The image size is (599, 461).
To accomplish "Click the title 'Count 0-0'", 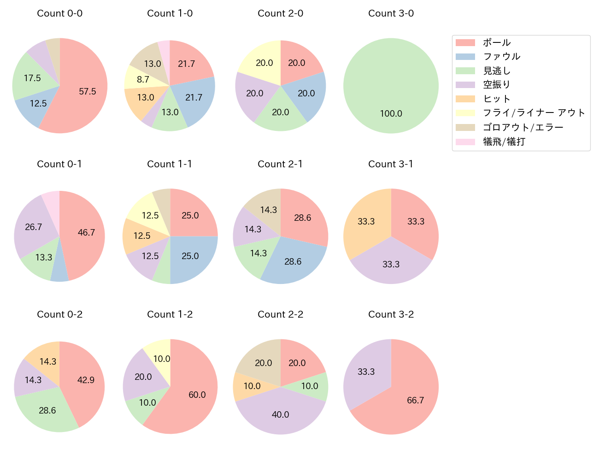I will pyautogui.click(x=60, y=13).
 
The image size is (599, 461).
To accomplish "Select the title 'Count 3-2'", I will pyautogui.click(x=391, y=314).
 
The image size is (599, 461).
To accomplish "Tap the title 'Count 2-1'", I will pyautogui.click(x=280, y=164).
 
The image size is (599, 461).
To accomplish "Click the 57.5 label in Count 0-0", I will pyautogui.click(x=88, y=91).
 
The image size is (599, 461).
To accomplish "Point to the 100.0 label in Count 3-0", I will pyautogui.click(x=391, y=113).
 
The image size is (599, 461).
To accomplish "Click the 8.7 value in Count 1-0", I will pyautogui.click(x=143, y=79).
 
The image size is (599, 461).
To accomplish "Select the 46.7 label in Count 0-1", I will pyautogui.click(x=86, y=232).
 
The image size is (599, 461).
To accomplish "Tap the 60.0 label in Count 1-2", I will pyautogui.click(x=197, y=395).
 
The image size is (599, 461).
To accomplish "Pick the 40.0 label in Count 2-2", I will pyautogui.click(x=280, y=414).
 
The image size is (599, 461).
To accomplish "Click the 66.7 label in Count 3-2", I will pyautogui.click(x=415, y=400).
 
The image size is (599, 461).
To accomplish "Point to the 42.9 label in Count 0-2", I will pyautogui.click(x=86, y=380).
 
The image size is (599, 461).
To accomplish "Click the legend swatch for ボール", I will pyautogui.click(x=465, y=43).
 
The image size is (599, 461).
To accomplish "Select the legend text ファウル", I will pyautogui.click(x=501, y=57).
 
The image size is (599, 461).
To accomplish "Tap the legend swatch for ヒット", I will pyautogui.click(x=465, y=99).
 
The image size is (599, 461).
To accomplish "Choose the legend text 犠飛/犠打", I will pyautogui.click(x=504, y=142).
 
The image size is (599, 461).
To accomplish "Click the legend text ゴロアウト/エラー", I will pyautogui.click(x=523, y=127).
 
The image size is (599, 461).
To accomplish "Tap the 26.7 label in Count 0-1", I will pyautogui.click(x=34, y=227).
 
